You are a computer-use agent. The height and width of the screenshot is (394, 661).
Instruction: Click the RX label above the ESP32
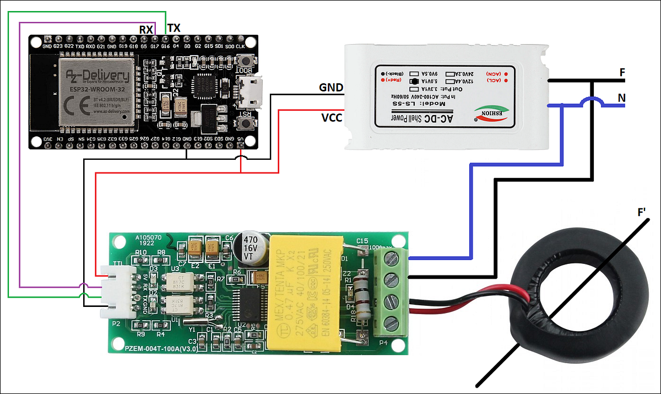click(146, 29)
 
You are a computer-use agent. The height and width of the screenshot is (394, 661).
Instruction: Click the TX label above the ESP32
click(174, 28)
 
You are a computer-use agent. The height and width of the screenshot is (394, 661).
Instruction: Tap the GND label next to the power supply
click(331, 88)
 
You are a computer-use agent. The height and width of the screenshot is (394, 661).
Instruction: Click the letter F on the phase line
click(622, 72)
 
